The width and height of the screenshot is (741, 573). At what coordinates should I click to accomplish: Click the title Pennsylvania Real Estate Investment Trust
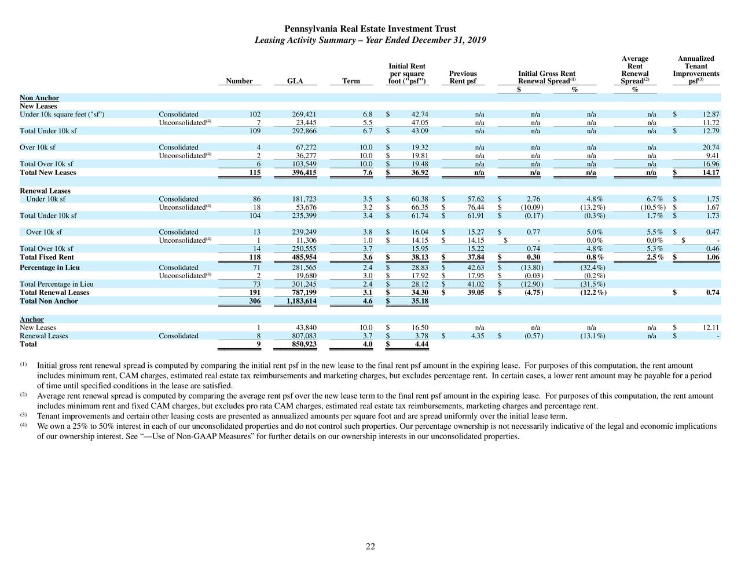pos(370,29)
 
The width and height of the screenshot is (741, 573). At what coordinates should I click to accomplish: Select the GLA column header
pos(295,81)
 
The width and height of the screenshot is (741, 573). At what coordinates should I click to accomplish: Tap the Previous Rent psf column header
pos(463,77)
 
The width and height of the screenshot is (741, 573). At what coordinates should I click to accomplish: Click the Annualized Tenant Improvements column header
pos(695,70)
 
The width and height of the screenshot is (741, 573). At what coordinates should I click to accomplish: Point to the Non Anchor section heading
pos(39,98)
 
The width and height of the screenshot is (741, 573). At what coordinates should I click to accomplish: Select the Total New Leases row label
pos(48,173)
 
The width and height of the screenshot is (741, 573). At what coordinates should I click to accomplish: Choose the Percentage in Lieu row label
pos(50,268)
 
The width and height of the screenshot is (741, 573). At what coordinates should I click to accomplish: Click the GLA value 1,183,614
pos(298,301)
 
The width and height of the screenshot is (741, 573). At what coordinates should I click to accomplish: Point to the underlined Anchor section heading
pos(32,319)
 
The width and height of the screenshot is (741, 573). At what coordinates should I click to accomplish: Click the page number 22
pos(370,546)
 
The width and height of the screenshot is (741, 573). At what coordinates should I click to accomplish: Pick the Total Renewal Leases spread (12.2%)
pos(593,293)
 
